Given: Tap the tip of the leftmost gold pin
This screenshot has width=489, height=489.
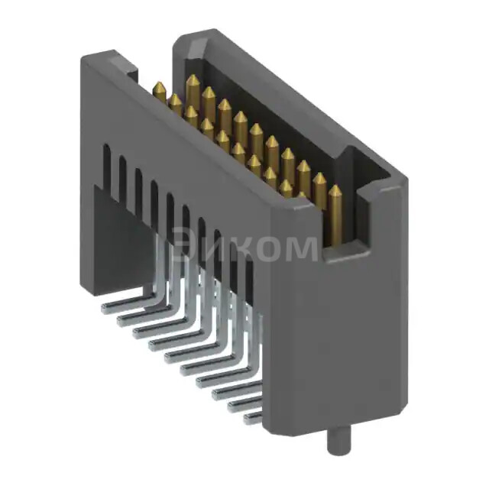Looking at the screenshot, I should tap(160, 86).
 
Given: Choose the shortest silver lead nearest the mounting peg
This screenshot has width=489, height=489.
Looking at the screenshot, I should tap(251, 417).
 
